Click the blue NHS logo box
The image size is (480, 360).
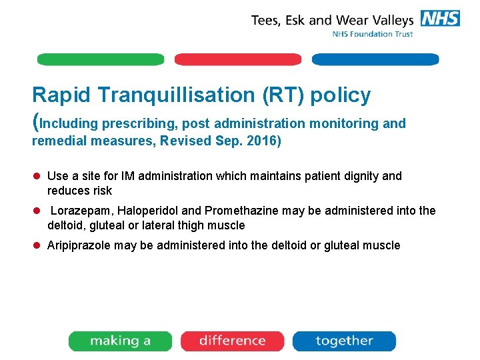tap(440, 19)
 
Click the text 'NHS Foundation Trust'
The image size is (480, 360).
tap(373, 34)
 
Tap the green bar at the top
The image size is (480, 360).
tap(100, 59)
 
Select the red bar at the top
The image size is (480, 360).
tap(238, 59)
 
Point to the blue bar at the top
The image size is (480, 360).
tap(375, 59)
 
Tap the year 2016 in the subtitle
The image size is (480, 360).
tap(263, 141)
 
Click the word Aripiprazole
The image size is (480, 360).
tap(78, 245)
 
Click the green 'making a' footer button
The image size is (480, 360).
tap(121, 341)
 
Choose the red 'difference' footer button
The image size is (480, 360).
tap(233, 341)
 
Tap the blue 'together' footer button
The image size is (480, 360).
tap(344, 341)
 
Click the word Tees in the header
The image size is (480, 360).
tap(266, 20)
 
